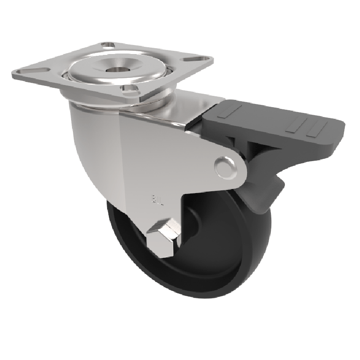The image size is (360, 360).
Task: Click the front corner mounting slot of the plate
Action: (130, 89)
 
